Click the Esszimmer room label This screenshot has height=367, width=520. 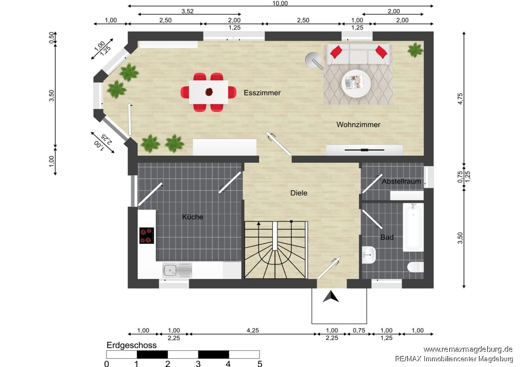(x=262, y=93)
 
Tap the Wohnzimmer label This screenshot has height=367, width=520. (x=358, y=125)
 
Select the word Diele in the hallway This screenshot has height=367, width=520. (x=299, y=193)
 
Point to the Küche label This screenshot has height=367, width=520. (x=192, y=217)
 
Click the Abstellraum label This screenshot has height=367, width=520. (x=401, y=181)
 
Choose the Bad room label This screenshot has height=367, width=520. (x=387, y=238)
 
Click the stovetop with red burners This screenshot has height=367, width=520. (x=147, y=235)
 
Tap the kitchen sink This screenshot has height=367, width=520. (x=177, y=270)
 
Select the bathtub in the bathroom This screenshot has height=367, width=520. (x=413, y=228)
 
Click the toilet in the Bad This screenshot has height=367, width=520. (x=415, y=267)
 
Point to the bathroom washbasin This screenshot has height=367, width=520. (x=369, y=255)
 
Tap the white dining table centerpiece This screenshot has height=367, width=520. (x=209, y=91)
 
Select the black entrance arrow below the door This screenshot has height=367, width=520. (x=331, y=297)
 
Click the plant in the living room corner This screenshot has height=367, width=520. (x=415, y=50)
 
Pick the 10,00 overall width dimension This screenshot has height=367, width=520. (x=280, y=4)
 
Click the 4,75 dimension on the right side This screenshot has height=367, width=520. (x=460, y=98)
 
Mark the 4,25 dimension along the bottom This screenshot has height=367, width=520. (x=253, y=331)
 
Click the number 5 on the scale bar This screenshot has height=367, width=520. (x=259, y=363)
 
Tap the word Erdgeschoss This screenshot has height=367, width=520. (x=132, y=345)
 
